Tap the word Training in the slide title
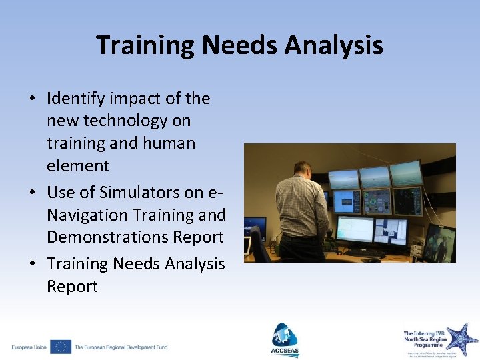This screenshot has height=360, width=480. [x=145, y=46]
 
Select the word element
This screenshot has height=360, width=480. [x=77, y=165]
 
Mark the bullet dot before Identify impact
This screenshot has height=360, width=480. [x=33, y=99]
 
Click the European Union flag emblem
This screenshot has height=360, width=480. [x=60, y=347]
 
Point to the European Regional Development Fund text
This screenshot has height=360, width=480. [x=121, y=347]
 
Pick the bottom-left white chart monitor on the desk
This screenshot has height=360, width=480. [x=354, y=229]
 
